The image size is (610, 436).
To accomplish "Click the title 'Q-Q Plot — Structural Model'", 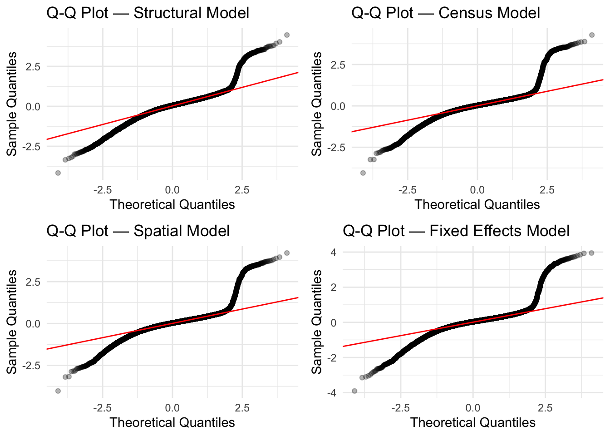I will pos(148,13).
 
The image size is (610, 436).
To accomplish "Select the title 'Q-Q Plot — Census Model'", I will pos(445,13).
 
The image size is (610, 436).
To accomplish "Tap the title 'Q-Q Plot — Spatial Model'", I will pos(138,231).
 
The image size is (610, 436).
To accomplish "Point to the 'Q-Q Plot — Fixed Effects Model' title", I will pos(456,231).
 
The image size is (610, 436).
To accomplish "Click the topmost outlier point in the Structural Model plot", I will pos(287,35).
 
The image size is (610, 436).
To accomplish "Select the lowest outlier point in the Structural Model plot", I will pos(58,173).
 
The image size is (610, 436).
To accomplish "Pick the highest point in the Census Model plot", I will pos(592,35).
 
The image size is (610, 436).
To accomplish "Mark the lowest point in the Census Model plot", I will pos(363,173).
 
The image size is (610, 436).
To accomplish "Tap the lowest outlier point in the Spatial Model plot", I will pos(58,391).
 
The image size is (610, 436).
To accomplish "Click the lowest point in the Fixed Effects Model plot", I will pos(354,391).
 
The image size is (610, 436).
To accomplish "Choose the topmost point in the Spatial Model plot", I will pos(287,253).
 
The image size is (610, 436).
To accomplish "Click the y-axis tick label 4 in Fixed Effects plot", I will pos(334,253).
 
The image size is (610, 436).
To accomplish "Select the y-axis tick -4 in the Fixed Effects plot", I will pos(332,393).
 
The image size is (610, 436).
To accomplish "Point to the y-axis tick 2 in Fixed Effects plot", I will pos(334,287).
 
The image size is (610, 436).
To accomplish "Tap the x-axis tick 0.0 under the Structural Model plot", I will pos(172,190).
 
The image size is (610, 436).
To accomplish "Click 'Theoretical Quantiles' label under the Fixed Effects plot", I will pos(473,422).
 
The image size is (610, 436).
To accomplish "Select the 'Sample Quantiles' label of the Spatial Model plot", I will pos(12,322).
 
